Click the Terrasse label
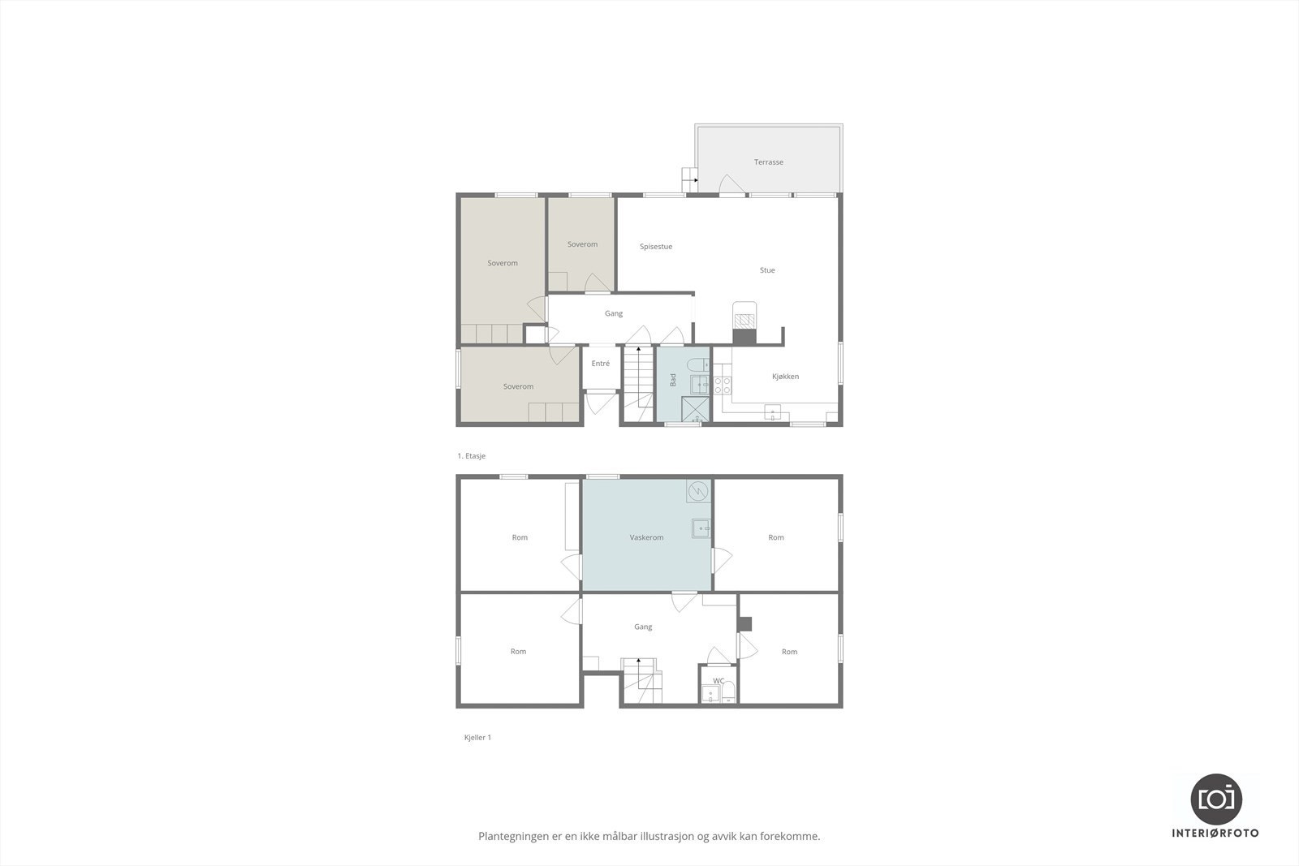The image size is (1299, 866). click(x=768, y=162)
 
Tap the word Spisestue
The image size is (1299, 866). click(x=656, y=247)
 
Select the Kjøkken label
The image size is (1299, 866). click(x=785, y=377)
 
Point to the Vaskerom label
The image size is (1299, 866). click(x=646, y=537)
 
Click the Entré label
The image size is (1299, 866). click(x=600, y=364)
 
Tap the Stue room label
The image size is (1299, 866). click(x=766, y=270)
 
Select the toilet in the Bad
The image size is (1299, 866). click(x=697, y=364)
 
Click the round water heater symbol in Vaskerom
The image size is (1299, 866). click(x=697, y=491)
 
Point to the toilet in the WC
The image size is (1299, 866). click(x=728, y=692)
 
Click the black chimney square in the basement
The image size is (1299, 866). click(x=745, y=623)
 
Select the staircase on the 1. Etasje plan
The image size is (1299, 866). click(x=638, y=377)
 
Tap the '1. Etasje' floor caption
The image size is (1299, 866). click(x=471, y=456)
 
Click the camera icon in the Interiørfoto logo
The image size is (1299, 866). click(x=1215, y=799)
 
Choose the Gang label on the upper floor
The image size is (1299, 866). click(x=613, y=313)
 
